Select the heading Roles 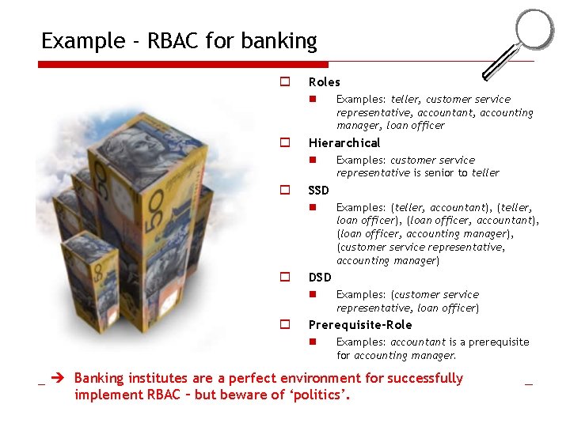(x=324, y=82)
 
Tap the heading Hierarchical (x=344, y=143)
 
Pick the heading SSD (x=318, y=191)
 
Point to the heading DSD (x=319, y=278)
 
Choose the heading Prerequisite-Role (x=359, y=325)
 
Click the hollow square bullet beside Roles (x=283, y=81)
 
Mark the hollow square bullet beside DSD (x=283, y=278)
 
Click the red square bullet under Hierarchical (x=313, y=160)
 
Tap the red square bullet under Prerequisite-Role (x=313, y=342)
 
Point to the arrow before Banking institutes (x=57, y=379)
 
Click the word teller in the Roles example (x=406, y=100)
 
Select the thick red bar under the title (x=183, y=64)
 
